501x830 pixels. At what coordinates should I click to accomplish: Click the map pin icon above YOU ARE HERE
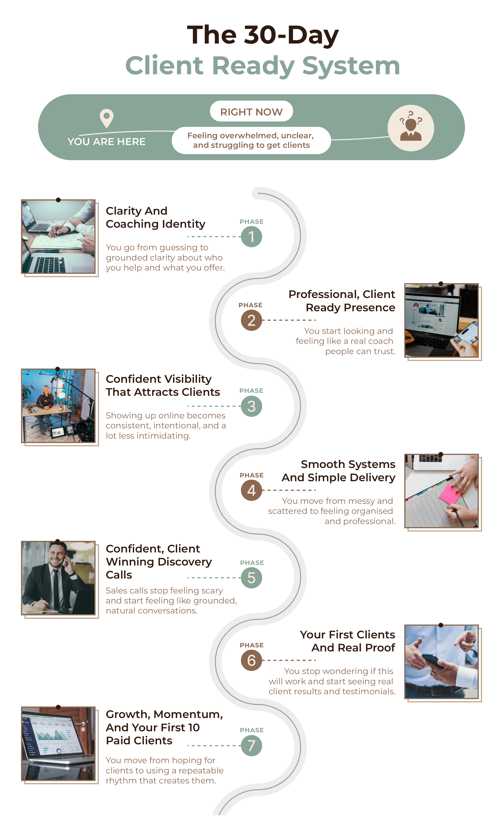(x=106, y=118)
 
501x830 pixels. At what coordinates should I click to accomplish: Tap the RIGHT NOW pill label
(x=251, y=112)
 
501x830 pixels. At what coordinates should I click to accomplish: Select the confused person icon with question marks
(x=411, y=128)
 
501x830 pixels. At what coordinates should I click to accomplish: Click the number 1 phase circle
(x=251, y=237)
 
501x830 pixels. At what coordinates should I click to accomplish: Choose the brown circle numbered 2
(x=251, y=320)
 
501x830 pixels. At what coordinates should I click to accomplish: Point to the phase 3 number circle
(x=251, y=406)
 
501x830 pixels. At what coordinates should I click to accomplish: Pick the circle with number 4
(x=251, y=490)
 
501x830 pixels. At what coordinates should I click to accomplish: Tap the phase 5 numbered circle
(x=251, y=578)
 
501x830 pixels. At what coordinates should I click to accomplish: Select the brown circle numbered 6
(x=251, y=660)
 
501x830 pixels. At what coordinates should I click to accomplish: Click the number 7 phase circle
(x=251, y=745)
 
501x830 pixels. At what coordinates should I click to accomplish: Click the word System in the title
(x=351, y=66)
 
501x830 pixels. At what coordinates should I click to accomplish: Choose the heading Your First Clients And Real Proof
(x=348, y=641)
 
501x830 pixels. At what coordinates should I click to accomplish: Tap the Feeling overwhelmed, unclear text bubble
(x=251, y=140)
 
